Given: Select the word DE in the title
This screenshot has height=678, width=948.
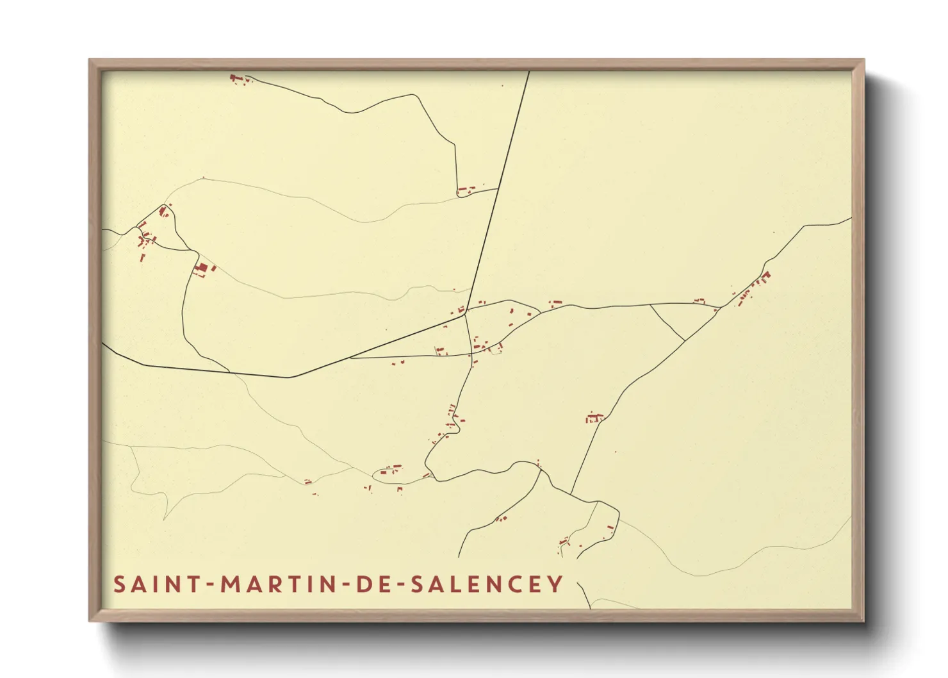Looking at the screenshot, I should coord(371,584).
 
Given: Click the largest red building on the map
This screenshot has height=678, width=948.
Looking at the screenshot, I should coord(202,268).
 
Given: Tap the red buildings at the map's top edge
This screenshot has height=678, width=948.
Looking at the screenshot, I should coord(237,79).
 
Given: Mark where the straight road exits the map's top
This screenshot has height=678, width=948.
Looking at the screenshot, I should coord(529,72).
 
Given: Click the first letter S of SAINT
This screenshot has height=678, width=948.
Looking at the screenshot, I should coord(119,584).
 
